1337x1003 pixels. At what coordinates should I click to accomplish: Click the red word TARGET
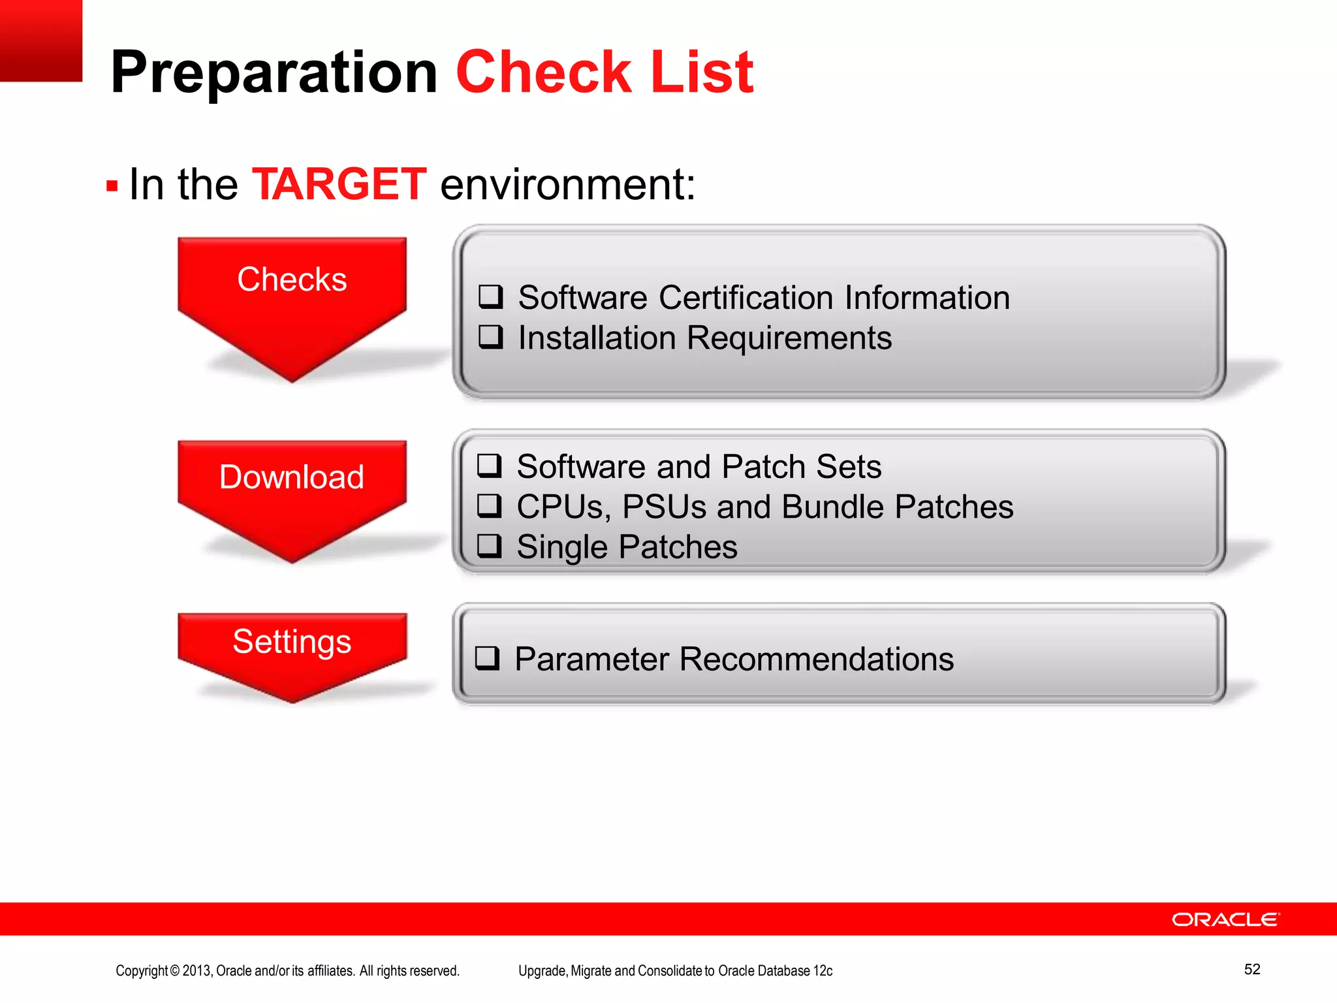click(x=339, y=184)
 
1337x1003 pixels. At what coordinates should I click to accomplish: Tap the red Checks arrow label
click(x=292, y=279)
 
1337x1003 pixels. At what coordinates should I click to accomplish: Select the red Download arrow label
click(x=292, y=477)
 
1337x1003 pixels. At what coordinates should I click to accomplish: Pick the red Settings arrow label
click(x=292, y=641)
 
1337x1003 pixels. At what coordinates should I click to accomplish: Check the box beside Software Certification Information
click(x=490, y=296)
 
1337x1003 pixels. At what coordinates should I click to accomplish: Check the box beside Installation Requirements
click(x=490, y=337)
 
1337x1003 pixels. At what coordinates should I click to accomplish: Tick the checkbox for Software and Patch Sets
click(x=489, y=466)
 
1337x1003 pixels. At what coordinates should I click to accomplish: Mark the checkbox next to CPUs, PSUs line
click(x=489, y=506)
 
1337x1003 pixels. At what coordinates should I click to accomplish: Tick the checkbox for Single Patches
click(x=489, y=546)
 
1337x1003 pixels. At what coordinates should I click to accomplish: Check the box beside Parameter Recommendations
click(x=487, y=658)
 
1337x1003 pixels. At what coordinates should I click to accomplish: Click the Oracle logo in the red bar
click(x=1225, y=919)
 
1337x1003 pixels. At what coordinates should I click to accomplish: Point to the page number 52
click(x=1251, y=969)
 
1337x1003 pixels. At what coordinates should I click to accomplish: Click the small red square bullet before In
click(x=112, y=186)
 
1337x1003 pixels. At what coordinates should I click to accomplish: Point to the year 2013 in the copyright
click(x=196, y=971)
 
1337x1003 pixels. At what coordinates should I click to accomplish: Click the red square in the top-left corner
click(x=40, y=40)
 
